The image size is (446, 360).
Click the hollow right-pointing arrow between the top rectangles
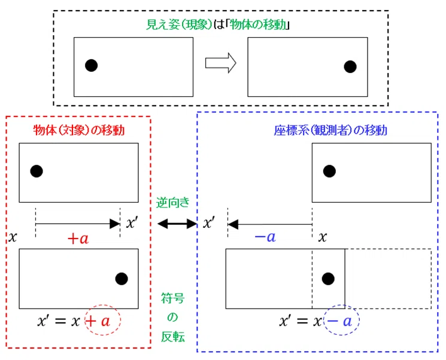pyautogui.click(x=221, y=63)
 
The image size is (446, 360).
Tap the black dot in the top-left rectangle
pyautogui.click(x=92, y=66)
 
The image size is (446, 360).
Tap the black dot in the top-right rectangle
pyautogui.click(x=350, y=67)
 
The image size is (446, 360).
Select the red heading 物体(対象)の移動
pyautogui.click(x=79, y=130)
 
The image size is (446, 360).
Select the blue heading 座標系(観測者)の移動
pyautogui.click(x=330, y=130)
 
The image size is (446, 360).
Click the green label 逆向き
pyautogui.click(x=172, y=203)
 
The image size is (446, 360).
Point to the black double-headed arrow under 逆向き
pyautogui.click(x=177, y=224)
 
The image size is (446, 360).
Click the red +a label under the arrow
pyautogui.click(x=78, y=239)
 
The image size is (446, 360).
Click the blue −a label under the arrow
pyautogui.click(x=265, y=237)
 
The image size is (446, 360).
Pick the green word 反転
pyautogui.click(x=173, y=337)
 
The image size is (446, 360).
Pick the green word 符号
pyautogui.click(x=173, y=298)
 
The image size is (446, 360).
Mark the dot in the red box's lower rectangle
pyautogui.click(x=122, y=279)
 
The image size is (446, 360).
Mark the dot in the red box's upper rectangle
pyautogui.click(x=37, y=172)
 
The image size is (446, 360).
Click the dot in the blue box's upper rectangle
pyautogui.click(x=329, y=172)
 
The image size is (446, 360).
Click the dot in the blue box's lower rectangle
pyautogui.click(x=328, y=279)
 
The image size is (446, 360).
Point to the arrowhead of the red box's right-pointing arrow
pyautogui.click(x=115, y=224)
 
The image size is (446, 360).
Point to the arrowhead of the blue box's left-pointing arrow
pyautogui.click(x=233, y=224)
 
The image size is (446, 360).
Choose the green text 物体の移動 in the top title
pyautogui.click(x=257, y=25)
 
